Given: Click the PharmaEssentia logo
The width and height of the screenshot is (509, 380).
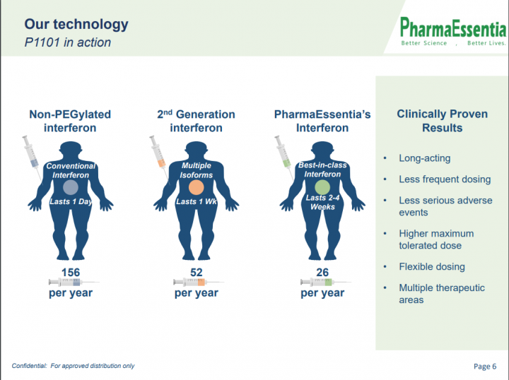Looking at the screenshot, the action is [453, 32].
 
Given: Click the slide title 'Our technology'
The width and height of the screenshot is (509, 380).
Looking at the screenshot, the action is [76, 24].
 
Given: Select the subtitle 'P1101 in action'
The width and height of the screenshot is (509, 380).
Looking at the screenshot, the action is [68, 42].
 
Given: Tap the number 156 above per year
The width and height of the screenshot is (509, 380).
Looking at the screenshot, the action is [71, 273].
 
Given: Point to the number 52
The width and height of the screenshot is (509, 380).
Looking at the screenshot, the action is [196, 273].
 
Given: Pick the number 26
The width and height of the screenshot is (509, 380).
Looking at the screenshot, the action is [322, 273].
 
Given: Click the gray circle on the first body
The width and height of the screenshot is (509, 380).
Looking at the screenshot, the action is [71, 187].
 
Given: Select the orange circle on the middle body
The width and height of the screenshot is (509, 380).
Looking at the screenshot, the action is [196, 187].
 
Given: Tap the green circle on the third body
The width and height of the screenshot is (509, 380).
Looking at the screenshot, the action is [322, 187].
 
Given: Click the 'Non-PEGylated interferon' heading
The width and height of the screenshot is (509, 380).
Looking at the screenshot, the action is [70, 121].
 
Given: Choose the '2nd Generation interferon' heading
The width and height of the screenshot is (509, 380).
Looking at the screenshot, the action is [196, 121].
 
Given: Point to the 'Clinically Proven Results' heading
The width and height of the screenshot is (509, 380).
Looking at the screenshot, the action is [442, 121].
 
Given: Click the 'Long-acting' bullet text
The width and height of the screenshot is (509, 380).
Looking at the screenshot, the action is [425, 158].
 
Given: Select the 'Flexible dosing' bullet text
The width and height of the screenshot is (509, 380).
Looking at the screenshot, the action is [432, 267].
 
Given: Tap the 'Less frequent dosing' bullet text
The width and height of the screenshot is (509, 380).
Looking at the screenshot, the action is [445, 179].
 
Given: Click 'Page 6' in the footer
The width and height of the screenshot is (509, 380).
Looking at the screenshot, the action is [485, 367].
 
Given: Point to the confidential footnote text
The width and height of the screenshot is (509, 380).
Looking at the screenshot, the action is [73, 366].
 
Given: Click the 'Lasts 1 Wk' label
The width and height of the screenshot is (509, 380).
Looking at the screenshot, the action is [197, 202].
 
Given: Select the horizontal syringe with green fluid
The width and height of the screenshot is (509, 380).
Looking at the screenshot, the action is [326, 282].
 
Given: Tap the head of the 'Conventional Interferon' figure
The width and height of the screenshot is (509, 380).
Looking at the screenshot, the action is [71, 150].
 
